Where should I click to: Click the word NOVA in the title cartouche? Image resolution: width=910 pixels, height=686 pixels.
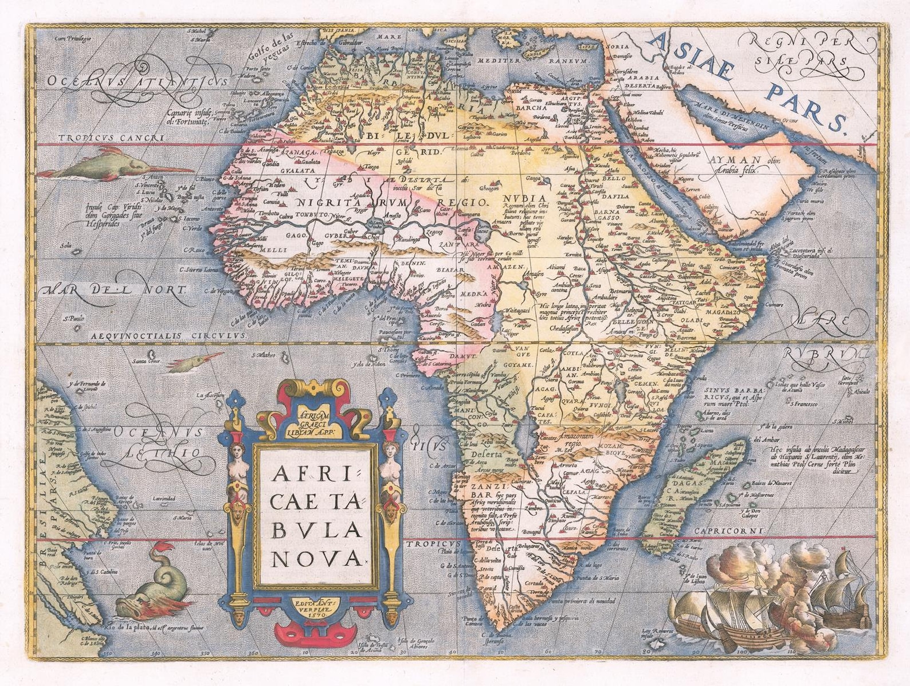click(x=316, y=555)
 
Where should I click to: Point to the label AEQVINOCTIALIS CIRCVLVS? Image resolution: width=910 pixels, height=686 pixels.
click(x=170, y=335)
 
